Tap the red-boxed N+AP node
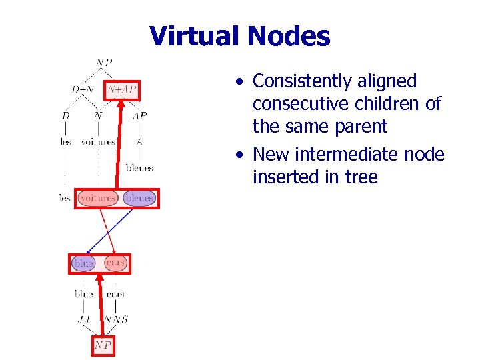click(x=122, y=89)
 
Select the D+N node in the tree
click(x=83, y=89)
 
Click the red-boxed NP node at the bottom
click(x=102, y=345)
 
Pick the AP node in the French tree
click(x=139, y=115)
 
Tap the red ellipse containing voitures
click(x=98, y=198)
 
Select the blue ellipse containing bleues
click(x=139, y=198)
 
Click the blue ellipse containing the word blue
click(x=83, y=263)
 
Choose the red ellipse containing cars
click(x=116, y=263)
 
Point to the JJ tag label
click(x=83, y=319)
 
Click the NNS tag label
click(x=116, y=319)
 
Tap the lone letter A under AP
click(x=139, y=141)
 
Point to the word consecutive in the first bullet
click(x=296, y=104)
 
